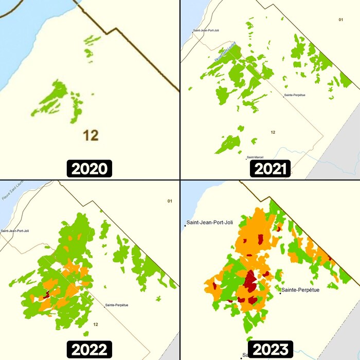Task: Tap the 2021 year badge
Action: click(270, 169)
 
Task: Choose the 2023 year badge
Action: click(270, 350)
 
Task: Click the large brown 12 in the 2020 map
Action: click(91, 136)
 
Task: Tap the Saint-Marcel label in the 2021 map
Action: click(256, 157)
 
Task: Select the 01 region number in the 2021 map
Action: click(340, 20)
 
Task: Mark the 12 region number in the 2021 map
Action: click(273, 133)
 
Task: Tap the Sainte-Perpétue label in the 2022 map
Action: click(117, 305)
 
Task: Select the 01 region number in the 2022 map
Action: click(170, 201)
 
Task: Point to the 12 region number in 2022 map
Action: click(96, 325)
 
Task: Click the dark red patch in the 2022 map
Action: click(46, 295)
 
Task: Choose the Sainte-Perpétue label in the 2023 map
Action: click(300, 290)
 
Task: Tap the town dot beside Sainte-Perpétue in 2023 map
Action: click(280, 293)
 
